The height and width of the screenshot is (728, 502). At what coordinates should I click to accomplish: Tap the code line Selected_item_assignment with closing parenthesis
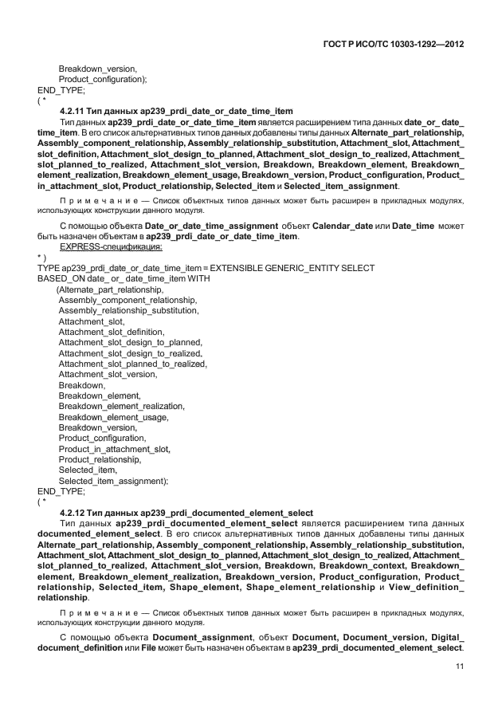[x=113, y=481]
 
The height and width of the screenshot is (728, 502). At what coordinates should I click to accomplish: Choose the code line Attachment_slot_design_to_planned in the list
[x=130, y=342]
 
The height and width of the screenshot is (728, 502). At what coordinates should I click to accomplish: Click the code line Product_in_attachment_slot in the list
[x=115, y=449]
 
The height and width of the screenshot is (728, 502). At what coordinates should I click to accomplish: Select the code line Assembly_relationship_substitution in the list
[x=128, y=310]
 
